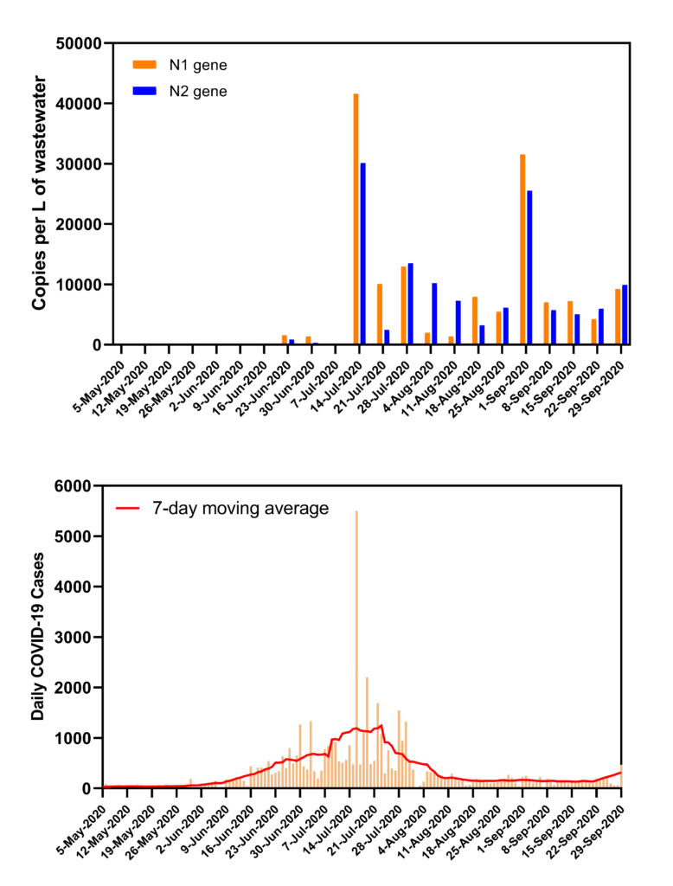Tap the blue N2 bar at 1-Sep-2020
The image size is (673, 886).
click(x=529, y=267)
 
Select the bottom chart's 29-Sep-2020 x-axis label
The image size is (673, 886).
click(x=597, y=823)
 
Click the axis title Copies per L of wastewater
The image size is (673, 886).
click(x=39, y=193)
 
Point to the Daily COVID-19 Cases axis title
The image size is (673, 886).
click(x=39, y=636)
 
